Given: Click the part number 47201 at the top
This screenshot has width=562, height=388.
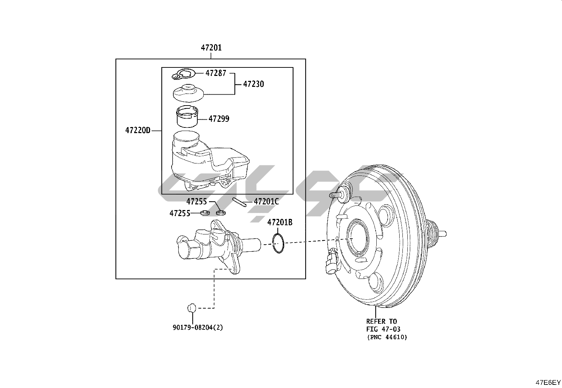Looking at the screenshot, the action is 211,48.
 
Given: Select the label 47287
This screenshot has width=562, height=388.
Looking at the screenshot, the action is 216,73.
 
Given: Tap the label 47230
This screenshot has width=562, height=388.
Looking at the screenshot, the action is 253,84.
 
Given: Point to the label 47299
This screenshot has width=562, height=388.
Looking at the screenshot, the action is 219,119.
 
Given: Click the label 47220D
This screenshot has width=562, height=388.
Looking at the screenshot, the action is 138,130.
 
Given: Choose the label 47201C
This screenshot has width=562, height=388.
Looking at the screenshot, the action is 266,202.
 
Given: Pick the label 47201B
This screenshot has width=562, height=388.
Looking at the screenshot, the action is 280,222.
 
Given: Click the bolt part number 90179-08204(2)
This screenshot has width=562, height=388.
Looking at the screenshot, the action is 198,328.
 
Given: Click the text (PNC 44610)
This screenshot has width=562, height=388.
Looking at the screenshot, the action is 387,337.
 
